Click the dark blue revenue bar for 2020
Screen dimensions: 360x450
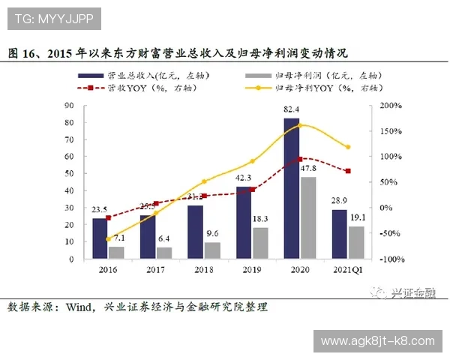[x=292, y=188]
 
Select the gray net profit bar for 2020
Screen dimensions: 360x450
[x=307, y=217]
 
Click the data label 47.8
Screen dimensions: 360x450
[x=308, y=169]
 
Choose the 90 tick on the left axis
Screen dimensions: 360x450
[x=69, y=106]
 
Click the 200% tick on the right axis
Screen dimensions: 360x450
[x=391, y=106]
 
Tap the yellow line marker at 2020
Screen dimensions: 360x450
[x=300, y=124]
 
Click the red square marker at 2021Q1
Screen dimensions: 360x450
[x=347, y=171]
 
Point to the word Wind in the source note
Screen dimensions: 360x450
[x=80, y=307]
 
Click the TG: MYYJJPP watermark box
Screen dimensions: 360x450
[x=52, y=16]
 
